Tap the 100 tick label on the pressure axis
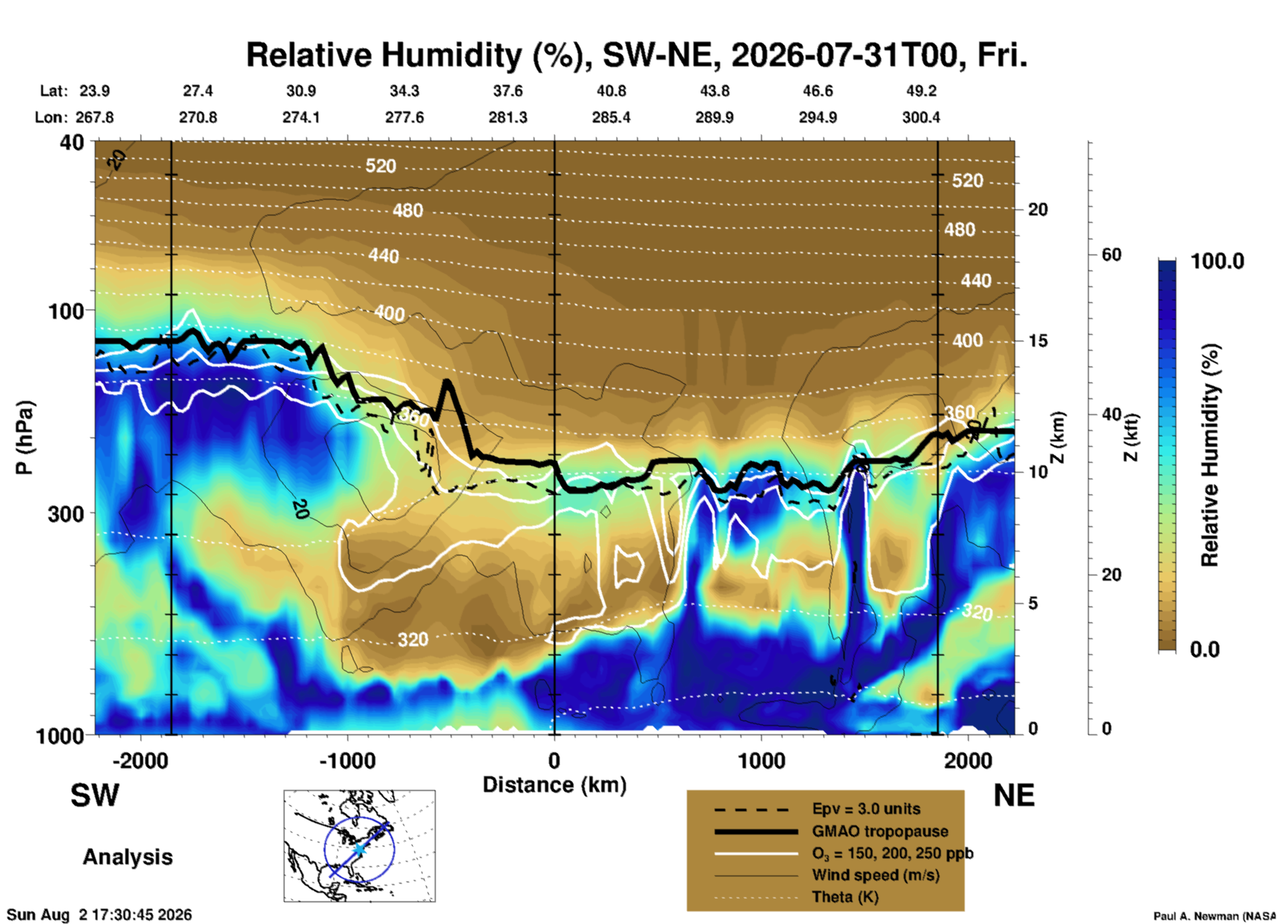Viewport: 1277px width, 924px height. coord(67,311)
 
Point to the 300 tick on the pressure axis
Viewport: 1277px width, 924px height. coord(67,514)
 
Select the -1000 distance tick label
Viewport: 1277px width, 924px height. coord(347,761)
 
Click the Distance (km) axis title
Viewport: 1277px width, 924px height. coord(554,785)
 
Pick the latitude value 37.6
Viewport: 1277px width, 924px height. coord(507,91)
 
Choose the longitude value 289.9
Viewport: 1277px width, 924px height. coord(714,117)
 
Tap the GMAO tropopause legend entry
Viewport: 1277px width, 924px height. coord(880,831)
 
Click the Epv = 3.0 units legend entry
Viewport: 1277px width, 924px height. coord(866,809)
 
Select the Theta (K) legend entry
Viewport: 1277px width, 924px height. coord(845,897)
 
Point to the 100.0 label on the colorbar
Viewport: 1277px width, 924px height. coord(1217,261)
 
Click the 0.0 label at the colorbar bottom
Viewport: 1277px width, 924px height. coord(1205,649)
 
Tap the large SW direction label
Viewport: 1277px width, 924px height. coord(95,795)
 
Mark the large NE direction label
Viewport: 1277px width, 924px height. coord(1014,795)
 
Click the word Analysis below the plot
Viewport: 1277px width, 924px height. coord(127,857)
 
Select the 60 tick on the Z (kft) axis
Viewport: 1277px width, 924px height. coord(1111,255)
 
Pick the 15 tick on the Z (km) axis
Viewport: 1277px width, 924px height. coord(1038,341)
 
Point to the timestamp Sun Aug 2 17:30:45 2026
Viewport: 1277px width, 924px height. coord(99,915)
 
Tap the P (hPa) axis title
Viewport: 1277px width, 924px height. coord(24,437)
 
